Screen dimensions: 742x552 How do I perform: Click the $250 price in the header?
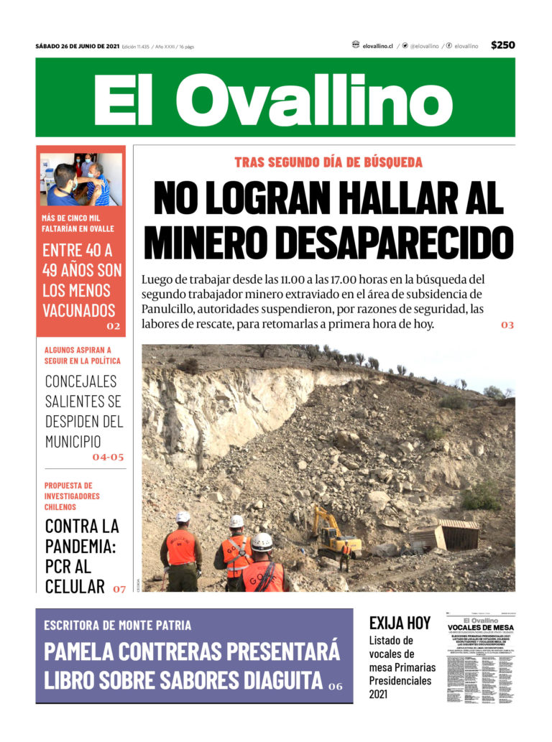tap(503, 45)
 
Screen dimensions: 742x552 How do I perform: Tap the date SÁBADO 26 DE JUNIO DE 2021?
tap(78, 47)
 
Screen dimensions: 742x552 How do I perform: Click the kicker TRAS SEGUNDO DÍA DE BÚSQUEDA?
tap(328, 162)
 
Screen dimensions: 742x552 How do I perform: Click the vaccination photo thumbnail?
tap(81, 179)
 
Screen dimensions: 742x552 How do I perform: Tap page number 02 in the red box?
tap(114, 326)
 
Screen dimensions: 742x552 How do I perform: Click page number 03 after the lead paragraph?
tap(507, 325)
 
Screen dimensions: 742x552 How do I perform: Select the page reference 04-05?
tap(108, 456)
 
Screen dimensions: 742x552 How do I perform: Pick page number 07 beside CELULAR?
tap(119, 589)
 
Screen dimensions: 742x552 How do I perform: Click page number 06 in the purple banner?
tap(336, 686)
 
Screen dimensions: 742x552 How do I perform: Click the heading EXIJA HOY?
tap(400, 622)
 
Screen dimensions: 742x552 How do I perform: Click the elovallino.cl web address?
tap(377, 46)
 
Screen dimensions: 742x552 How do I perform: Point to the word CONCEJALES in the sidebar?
tap(80, 381)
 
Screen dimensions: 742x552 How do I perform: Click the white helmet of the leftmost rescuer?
tap(183, 517)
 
